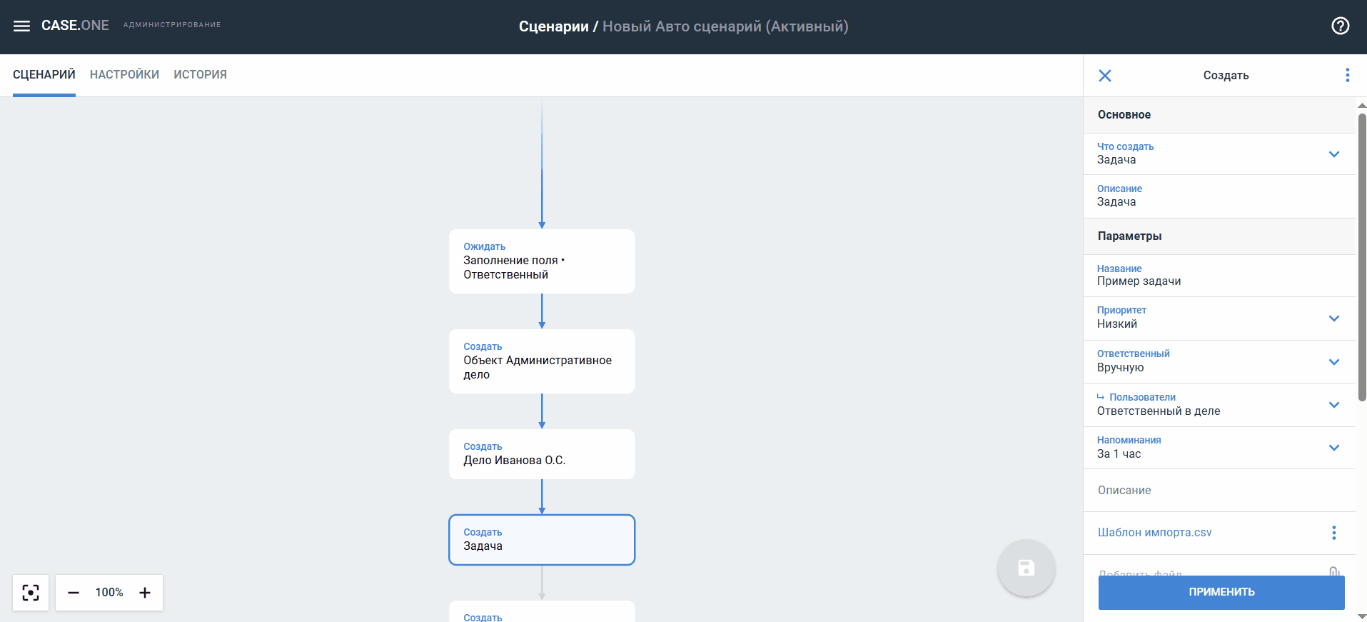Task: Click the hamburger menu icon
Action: click(x=22, y=26)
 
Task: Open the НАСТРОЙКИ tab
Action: click(x=124, y=74)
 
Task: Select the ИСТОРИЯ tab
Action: click(x=200, y=74)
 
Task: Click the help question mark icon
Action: click(x=1341, y=26)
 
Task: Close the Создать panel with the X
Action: click(x=1105, y=76)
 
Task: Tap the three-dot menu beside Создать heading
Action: click(x=1348, y=75)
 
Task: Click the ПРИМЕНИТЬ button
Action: click(x=1221, y=592)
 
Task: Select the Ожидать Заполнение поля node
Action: click(x=542, y=261)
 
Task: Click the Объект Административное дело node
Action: click(x=542, y=361)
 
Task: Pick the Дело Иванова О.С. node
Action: click(x=542, y=454)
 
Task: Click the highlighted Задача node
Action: click(x=542, y=540)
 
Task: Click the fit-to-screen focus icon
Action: click(x=31, y=593)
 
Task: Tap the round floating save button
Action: click(x=1026, y=568)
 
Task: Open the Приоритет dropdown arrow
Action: click(x=1334, y=318)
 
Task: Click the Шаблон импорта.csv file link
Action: click(x=1154, y=533)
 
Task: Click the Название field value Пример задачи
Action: click(x=1139, y=281)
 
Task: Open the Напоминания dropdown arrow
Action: click(x=1334, y=448)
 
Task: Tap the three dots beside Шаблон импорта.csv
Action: click(x=1333, y=533)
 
